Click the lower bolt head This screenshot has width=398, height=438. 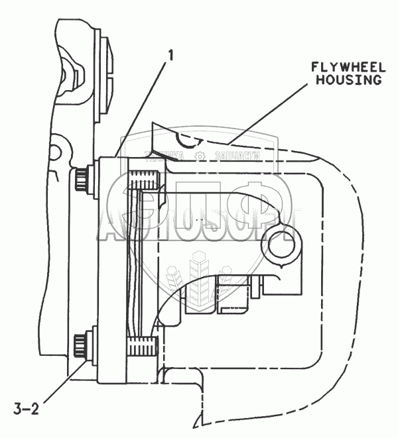(x=81, y=346)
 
